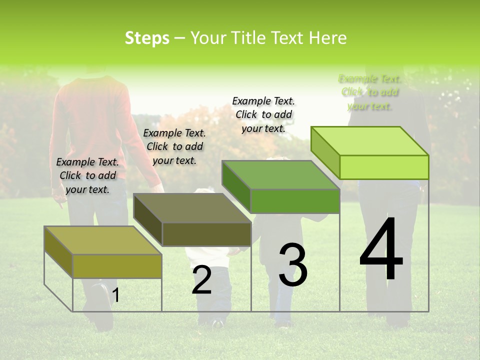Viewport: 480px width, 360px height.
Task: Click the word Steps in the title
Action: (x=147, y=38)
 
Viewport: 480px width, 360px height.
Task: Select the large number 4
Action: (x=381, y=250)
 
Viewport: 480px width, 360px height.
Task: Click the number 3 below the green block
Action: (x=293, y=264)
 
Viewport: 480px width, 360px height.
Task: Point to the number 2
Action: (x=201, y=280)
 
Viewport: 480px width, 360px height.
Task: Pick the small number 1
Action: (x=116, y=295)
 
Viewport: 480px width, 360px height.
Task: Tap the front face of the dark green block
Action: (x=295, y=201)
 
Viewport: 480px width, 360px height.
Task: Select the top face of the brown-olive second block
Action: (x=192, y=207)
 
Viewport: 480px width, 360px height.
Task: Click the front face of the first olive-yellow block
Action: (x=117, y=265)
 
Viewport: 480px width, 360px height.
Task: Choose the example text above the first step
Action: (x=87, y=175)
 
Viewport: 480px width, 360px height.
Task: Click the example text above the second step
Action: (x=174, y=146)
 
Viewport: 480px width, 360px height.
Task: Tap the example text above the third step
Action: (x=263, y=114)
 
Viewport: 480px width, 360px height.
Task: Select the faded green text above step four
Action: (x=370, y=92)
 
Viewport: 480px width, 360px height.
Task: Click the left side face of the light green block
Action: (x=325, y=153)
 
